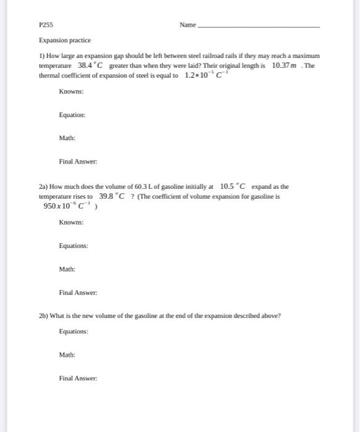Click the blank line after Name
(x=259, y=27)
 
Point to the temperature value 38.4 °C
(x=92, y=65)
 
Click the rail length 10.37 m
(x=287, y=65)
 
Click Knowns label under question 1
(x=72, y=91)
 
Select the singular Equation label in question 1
(x=72, y=115)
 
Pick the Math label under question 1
(x=67, y=138)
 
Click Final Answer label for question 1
(x=77, y=162)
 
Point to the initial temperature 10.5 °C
(x=232, y=186)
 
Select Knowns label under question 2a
(x=72, y=222)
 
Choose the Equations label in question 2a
(x=73, y=246)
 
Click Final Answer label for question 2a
(x=77, y=292)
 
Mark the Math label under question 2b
(x=67, y=355)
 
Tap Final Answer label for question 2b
(x=77, y=378)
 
